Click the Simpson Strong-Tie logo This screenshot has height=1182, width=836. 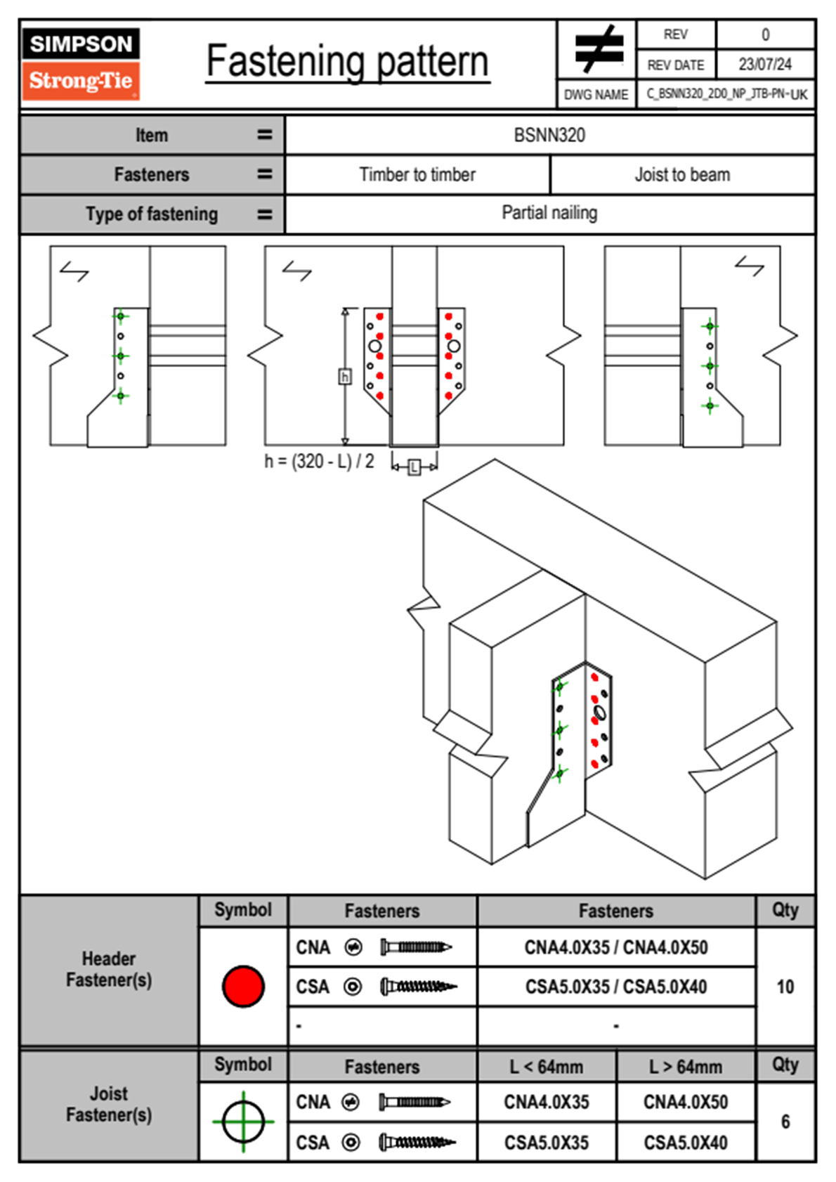(81, 63)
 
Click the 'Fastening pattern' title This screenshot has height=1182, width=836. (347, 62)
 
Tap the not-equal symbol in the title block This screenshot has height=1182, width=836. (598, 49)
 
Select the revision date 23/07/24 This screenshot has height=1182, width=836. (764, 65)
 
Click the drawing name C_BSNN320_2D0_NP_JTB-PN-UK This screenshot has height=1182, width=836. (726, 94)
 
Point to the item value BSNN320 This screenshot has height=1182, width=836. (549, 135)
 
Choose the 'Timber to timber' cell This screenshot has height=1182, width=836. (417, 174)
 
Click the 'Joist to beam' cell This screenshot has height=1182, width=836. (682, 174)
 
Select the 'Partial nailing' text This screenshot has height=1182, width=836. (549, 213)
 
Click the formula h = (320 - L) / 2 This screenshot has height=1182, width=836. (319, 462)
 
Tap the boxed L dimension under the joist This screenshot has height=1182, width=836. (414, 467)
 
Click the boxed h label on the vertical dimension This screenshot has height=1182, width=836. (345, 377)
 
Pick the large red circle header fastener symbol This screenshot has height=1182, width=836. (243, 986)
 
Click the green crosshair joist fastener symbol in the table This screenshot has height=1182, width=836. (243, 1122)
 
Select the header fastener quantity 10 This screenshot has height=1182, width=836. (785, 987)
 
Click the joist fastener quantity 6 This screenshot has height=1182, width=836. (785, 1122)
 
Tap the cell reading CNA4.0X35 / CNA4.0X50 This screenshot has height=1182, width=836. (616, 947)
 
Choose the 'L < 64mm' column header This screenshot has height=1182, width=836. (547, 1067)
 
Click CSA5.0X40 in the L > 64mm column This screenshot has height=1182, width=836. (685, 1143)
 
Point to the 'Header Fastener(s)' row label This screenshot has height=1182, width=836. (109, 969)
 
